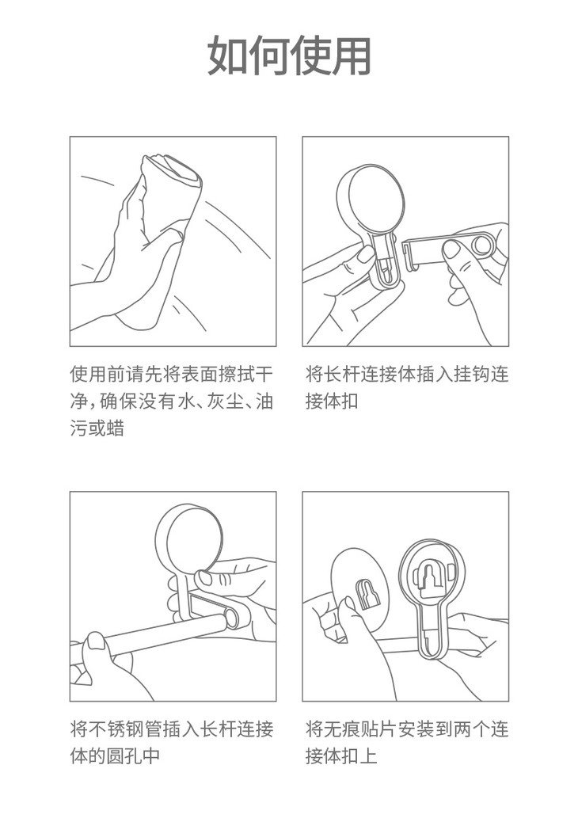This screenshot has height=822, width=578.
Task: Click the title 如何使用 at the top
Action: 289,55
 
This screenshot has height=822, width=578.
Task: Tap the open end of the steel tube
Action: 230,618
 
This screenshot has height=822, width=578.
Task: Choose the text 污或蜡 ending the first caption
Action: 97,428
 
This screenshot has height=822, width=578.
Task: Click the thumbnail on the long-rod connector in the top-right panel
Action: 451,249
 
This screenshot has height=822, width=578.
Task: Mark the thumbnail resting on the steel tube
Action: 97,640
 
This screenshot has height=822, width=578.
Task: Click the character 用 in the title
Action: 352,55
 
